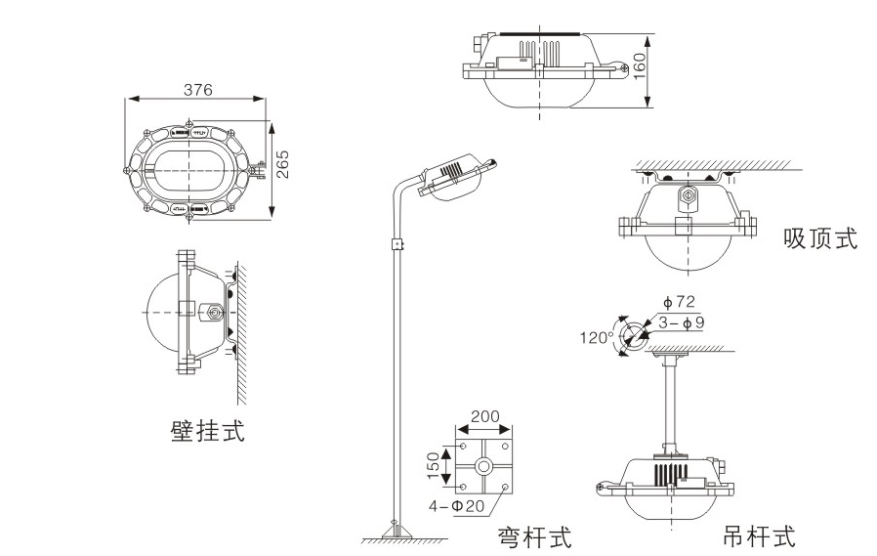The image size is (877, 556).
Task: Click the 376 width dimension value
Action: (x=197, y=89)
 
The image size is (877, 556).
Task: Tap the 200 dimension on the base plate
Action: (x=484, y=416)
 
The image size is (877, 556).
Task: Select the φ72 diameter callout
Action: (x=664, y=302)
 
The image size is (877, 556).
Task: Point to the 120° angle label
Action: (x=596, y=338)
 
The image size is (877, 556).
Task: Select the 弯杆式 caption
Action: (x=534, y=535)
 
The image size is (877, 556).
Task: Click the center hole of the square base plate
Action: (x=483, y=467)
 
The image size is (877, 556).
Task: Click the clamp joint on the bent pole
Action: (x=397, y=244)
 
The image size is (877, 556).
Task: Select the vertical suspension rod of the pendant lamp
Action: (x=672, y=401)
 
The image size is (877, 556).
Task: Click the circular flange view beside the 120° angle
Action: (x=632, y=334)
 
